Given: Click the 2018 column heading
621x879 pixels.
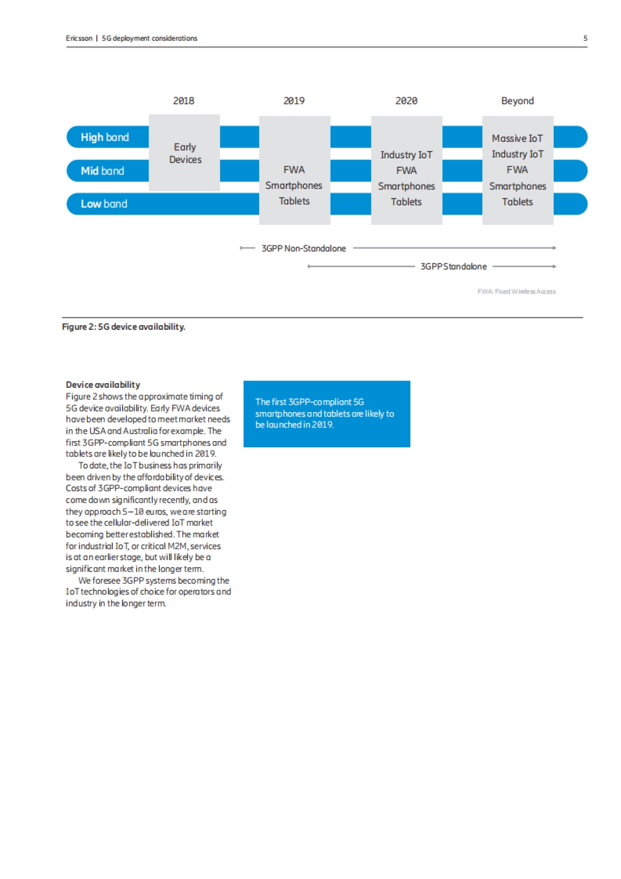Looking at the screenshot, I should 184,101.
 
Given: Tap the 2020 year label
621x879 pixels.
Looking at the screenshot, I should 406,101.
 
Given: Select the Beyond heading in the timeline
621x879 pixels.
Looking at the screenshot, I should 517,101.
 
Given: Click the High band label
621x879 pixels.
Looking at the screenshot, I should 105,137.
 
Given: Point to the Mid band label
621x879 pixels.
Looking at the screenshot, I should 102,171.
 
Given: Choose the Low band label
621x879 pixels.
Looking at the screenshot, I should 104,204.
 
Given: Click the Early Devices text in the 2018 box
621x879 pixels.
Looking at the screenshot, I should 185,153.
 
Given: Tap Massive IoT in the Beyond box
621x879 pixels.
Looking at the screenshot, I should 517,138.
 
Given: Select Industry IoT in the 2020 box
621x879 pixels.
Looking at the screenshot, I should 406,155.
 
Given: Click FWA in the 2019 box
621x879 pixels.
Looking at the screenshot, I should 294,170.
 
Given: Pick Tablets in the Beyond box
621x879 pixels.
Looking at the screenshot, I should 517,202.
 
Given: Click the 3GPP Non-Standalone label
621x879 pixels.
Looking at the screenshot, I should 303,248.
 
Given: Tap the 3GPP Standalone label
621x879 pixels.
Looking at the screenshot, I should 453,267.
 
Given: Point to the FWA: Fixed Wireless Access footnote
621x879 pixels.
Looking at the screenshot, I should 516,291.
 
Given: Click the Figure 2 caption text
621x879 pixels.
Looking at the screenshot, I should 124,327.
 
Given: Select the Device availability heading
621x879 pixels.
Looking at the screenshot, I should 103,385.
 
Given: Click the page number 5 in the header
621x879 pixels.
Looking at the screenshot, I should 585,38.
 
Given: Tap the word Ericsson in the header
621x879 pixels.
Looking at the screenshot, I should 79,38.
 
